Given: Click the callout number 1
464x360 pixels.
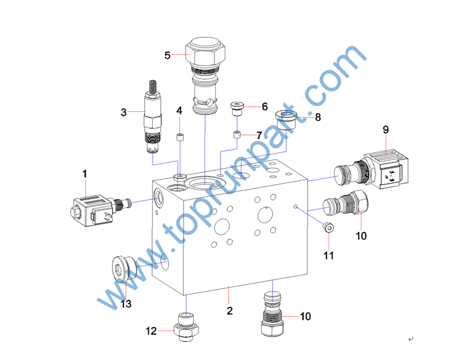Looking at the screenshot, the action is tap(84, 174).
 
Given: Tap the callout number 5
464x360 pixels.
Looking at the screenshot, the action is tap(168, 56).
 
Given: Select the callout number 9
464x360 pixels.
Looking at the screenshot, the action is tap(386, 129).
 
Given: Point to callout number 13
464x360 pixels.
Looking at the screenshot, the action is tap(125, 304).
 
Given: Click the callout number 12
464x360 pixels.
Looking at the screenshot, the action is tap(151, 331).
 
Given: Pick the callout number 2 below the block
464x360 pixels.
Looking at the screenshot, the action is tap(229, 310).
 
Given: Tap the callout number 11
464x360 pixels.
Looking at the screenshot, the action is tap(329, 255).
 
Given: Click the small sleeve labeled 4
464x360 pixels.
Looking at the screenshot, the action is tap(180, 137).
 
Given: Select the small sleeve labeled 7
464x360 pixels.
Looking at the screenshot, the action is tap(237, 135).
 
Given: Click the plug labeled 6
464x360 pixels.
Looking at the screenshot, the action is tap(237, 109).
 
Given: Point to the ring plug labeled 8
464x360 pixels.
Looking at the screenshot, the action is tap(286, 120).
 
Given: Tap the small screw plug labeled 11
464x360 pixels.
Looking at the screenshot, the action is tap(329, 228).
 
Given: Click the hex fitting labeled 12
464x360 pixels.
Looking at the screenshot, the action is tap(186, 327).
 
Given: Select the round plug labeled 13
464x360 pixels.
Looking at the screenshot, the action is tap(123, 269).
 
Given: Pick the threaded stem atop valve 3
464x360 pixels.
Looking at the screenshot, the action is tap(153, 86).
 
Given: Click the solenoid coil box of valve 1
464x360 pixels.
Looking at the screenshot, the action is tap(92, 211).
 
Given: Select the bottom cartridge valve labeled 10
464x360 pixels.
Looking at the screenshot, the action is tap(272, 314).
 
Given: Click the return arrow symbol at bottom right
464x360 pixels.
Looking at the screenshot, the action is tap(411, 339).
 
